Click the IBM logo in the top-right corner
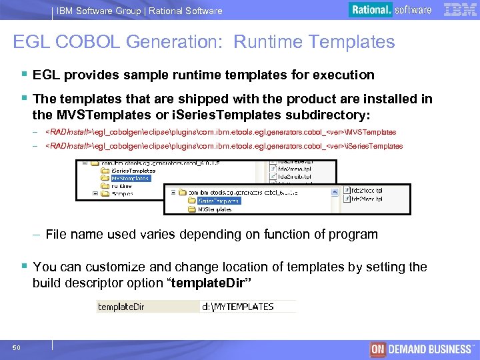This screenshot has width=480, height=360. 459,9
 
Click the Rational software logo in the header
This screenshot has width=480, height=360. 391,10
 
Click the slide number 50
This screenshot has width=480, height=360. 16,347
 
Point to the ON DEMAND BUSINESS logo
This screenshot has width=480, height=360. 421,349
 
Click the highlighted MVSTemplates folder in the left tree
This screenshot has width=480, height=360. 130,178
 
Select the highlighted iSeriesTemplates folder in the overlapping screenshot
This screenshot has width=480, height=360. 218,200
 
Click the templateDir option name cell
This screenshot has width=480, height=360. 121,307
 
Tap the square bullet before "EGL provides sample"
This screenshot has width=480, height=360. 25,75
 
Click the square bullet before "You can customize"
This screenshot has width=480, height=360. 25,267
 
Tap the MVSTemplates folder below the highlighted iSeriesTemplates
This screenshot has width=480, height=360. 215,209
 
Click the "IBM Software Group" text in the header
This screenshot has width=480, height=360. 99,11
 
